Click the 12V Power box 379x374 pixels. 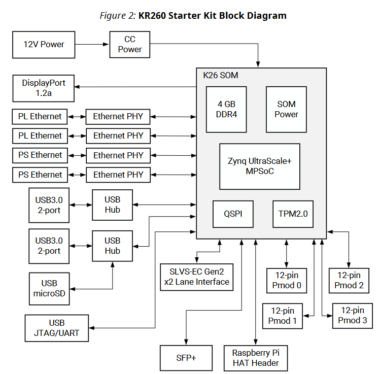[44, 44]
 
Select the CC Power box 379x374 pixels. [130, 44]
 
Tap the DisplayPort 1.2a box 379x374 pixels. [44, 88]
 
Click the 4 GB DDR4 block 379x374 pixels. [227, 109]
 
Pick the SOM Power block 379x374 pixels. [286, 109]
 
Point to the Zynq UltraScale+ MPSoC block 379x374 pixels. [259, 166]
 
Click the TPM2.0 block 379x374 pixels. [293, 214]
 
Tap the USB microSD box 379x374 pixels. [49, 289]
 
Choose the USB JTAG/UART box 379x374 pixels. [56, 328]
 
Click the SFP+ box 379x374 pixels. [186, 358]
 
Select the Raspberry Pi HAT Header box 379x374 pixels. [255, 358]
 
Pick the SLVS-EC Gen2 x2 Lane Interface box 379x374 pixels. [196, 277]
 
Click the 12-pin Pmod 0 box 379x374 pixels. [287, 280]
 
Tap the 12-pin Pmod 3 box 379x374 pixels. [352, 316]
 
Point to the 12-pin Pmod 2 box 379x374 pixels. [349, 280]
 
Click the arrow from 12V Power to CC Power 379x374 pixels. [92, 44]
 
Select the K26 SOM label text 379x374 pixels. [220, 75]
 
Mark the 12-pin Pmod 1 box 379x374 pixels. [283, 316]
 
